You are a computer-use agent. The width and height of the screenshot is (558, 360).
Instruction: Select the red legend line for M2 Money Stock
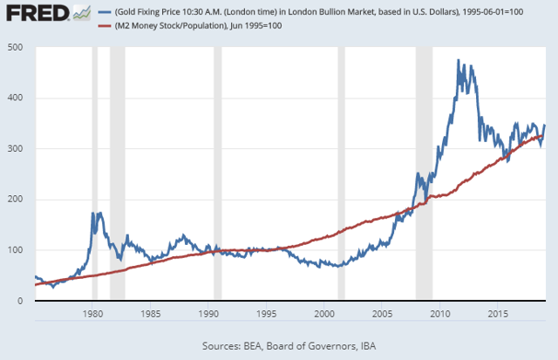[x=105, y=24]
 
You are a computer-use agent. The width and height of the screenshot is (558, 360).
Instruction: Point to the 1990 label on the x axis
[x=208, y=313]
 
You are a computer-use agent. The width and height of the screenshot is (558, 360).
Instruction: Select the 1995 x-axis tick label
[x=266, y=313]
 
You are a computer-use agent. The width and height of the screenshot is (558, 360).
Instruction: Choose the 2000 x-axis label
[x=324, y=313]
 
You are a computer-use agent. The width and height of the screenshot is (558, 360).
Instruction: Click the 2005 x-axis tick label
[x=382, y=313]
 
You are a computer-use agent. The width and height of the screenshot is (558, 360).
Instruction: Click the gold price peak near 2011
[x=459, y=60]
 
